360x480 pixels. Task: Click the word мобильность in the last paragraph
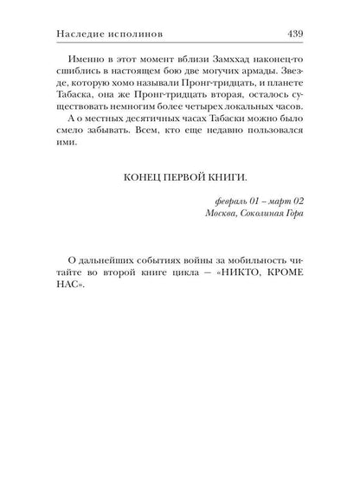coord(249,292)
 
